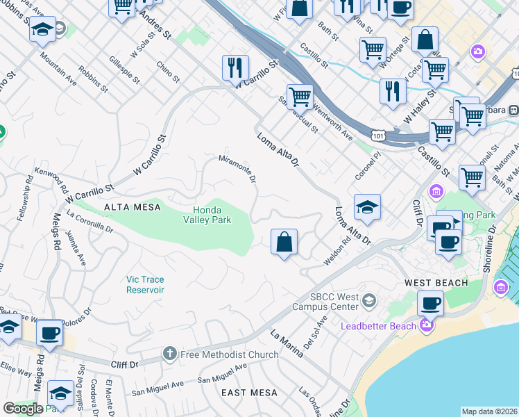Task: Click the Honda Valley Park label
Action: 207,214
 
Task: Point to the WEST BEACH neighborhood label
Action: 436,283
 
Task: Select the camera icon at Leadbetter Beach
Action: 427,325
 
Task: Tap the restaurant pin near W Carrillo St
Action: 235,67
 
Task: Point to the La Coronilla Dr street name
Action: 90,221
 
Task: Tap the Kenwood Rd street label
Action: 53,179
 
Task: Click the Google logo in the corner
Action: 23,409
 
